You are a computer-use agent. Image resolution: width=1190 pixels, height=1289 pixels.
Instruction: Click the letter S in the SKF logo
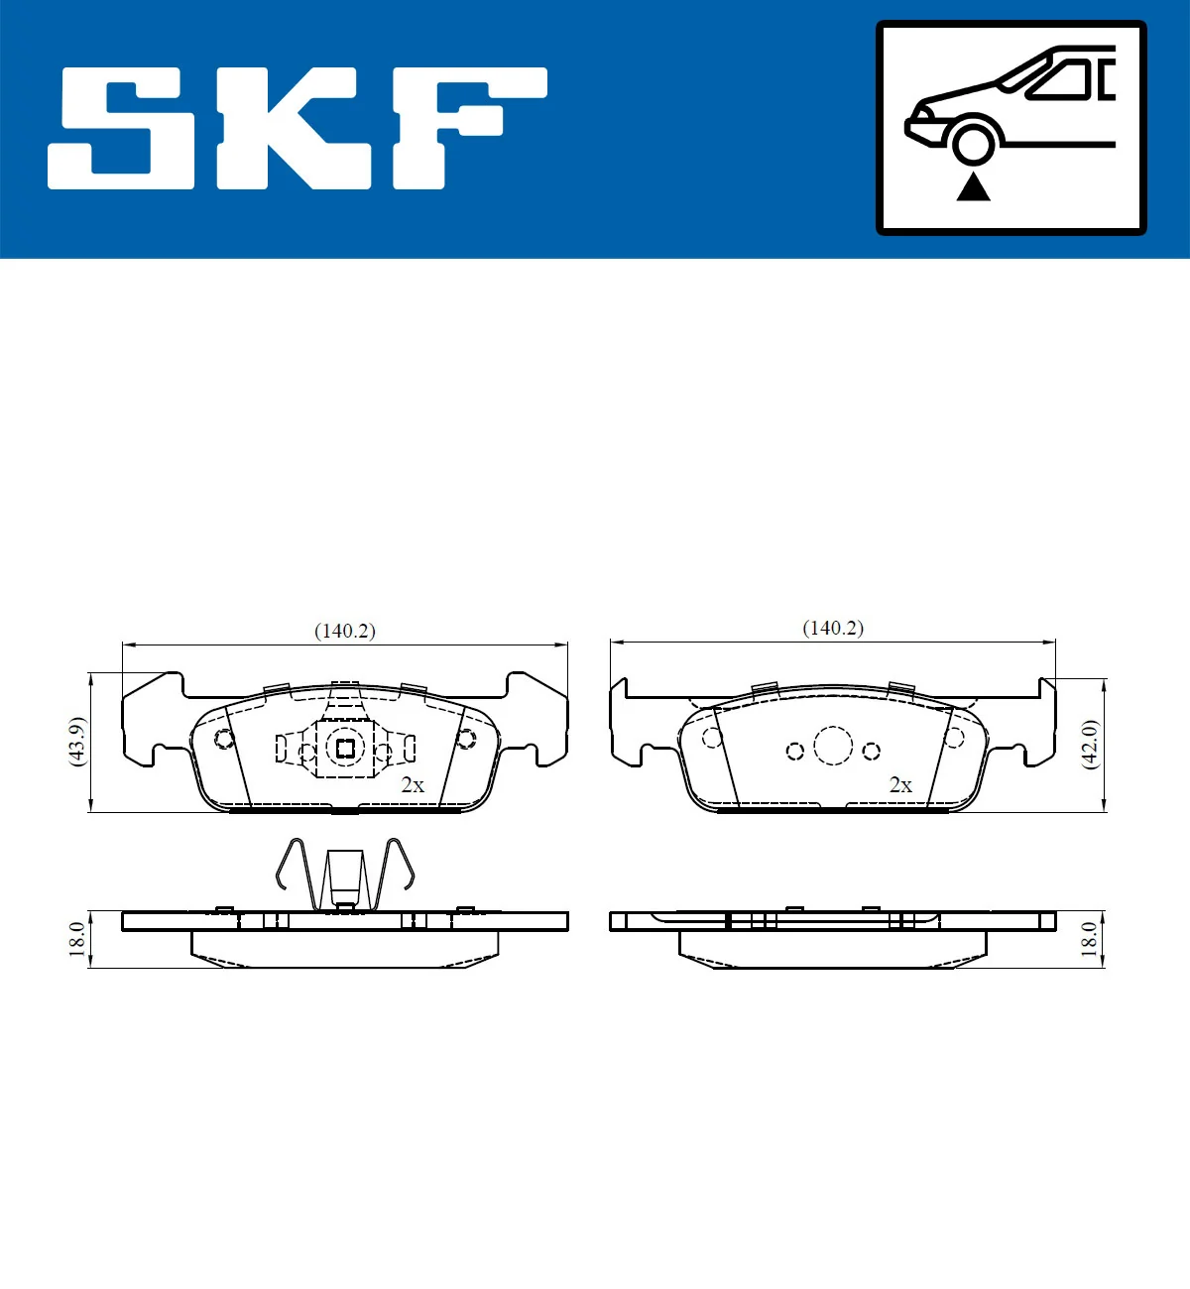(x=124, y=128)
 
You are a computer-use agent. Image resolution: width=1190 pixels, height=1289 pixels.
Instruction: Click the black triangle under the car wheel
(x=973, y=186)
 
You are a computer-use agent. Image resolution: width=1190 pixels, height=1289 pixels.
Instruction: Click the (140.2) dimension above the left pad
(x=344, y=631)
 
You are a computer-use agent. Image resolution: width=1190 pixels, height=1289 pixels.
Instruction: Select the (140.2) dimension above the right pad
(x=832, y=628)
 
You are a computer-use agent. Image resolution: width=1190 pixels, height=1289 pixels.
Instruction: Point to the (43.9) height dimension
(x=77, y=741)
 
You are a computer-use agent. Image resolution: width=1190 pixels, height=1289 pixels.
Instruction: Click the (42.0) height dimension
(x=1089, y=744)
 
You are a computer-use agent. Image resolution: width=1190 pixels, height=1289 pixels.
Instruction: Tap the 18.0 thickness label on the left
(x=77, y=938)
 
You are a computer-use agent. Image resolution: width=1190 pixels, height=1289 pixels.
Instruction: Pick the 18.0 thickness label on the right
(x=1089, y=938)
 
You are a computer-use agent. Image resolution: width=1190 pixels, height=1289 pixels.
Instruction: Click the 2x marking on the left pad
(x=413, y=784)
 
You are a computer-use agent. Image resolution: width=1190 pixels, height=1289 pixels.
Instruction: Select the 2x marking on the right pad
(x=900, y=784)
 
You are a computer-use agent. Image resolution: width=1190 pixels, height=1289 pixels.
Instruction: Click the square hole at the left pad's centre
(x=345, y=749)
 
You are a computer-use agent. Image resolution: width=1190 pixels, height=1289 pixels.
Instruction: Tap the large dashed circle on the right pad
(x=833, y=746)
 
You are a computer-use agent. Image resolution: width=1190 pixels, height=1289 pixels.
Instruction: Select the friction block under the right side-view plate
(x=832, y=949)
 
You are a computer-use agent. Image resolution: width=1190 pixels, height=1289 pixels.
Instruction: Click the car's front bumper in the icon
(x=918, y=128)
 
